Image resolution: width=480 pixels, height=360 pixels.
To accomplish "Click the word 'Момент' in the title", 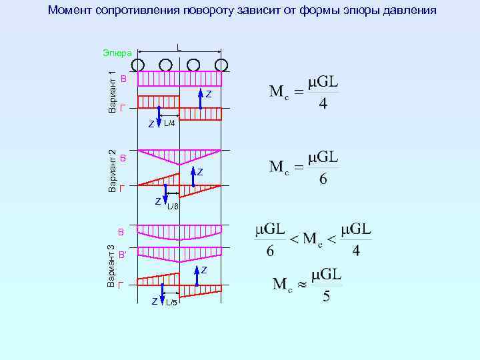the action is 71,11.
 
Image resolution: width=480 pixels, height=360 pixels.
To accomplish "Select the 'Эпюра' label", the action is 117,53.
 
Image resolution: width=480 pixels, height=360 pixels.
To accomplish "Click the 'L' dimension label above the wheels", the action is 179,47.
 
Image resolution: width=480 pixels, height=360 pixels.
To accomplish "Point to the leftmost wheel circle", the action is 138,65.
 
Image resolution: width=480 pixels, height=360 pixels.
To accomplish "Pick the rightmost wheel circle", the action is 221,65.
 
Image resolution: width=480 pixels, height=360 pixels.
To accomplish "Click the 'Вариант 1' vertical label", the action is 113,87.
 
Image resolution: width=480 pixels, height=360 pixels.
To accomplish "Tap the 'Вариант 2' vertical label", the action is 113,171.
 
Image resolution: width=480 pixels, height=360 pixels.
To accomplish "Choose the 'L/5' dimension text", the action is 171,303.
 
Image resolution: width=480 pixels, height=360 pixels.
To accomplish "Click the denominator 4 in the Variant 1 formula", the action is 323,105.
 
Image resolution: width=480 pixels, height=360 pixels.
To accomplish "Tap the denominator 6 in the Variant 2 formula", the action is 323,180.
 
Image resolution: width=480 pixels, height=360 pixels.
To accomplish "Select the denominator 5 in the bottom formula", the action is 326,295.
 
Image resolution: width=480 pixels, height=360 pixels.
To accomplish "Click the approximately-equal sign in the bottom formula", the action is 303,284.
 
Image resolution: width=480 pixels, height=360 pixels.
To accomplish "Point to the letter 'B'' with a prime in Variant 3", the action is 123,255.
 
